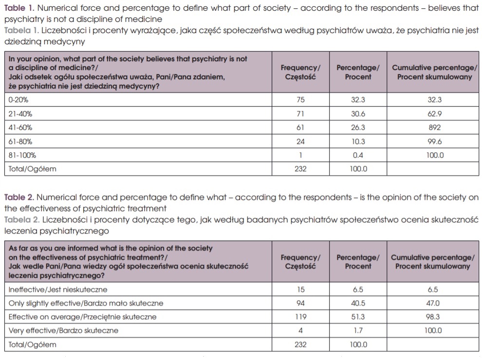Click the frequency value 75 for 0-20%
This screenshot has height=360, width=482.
[300, 100]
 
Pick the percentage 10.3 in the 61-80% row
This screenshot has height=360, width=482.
[358, 142]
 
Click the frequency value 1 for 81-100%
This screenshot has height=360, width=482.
[300, 155]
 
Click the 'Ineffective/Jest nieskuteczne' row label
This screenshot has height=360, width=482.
[58, 289]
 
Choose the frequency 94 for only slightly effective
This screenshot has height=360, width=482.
[300, 303]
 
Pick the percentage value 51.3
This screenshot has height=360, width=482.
[358, 317]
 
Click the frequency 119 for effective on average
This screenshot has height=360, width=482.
[300, 317]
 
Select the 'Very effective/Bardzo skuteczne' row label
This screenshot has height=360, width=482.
[63, 331]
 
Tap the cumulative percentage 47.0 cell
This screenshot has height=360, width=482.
[432, 303]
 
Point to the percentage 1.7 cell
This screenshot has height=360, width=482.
[358, 331]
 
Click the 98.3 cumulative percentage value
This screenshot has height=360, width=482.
[432, 317]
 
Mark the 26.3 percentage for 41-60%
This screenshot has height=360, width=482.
[358, 127]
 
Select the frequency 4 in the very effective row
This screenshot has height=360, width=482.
[300, 331]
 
